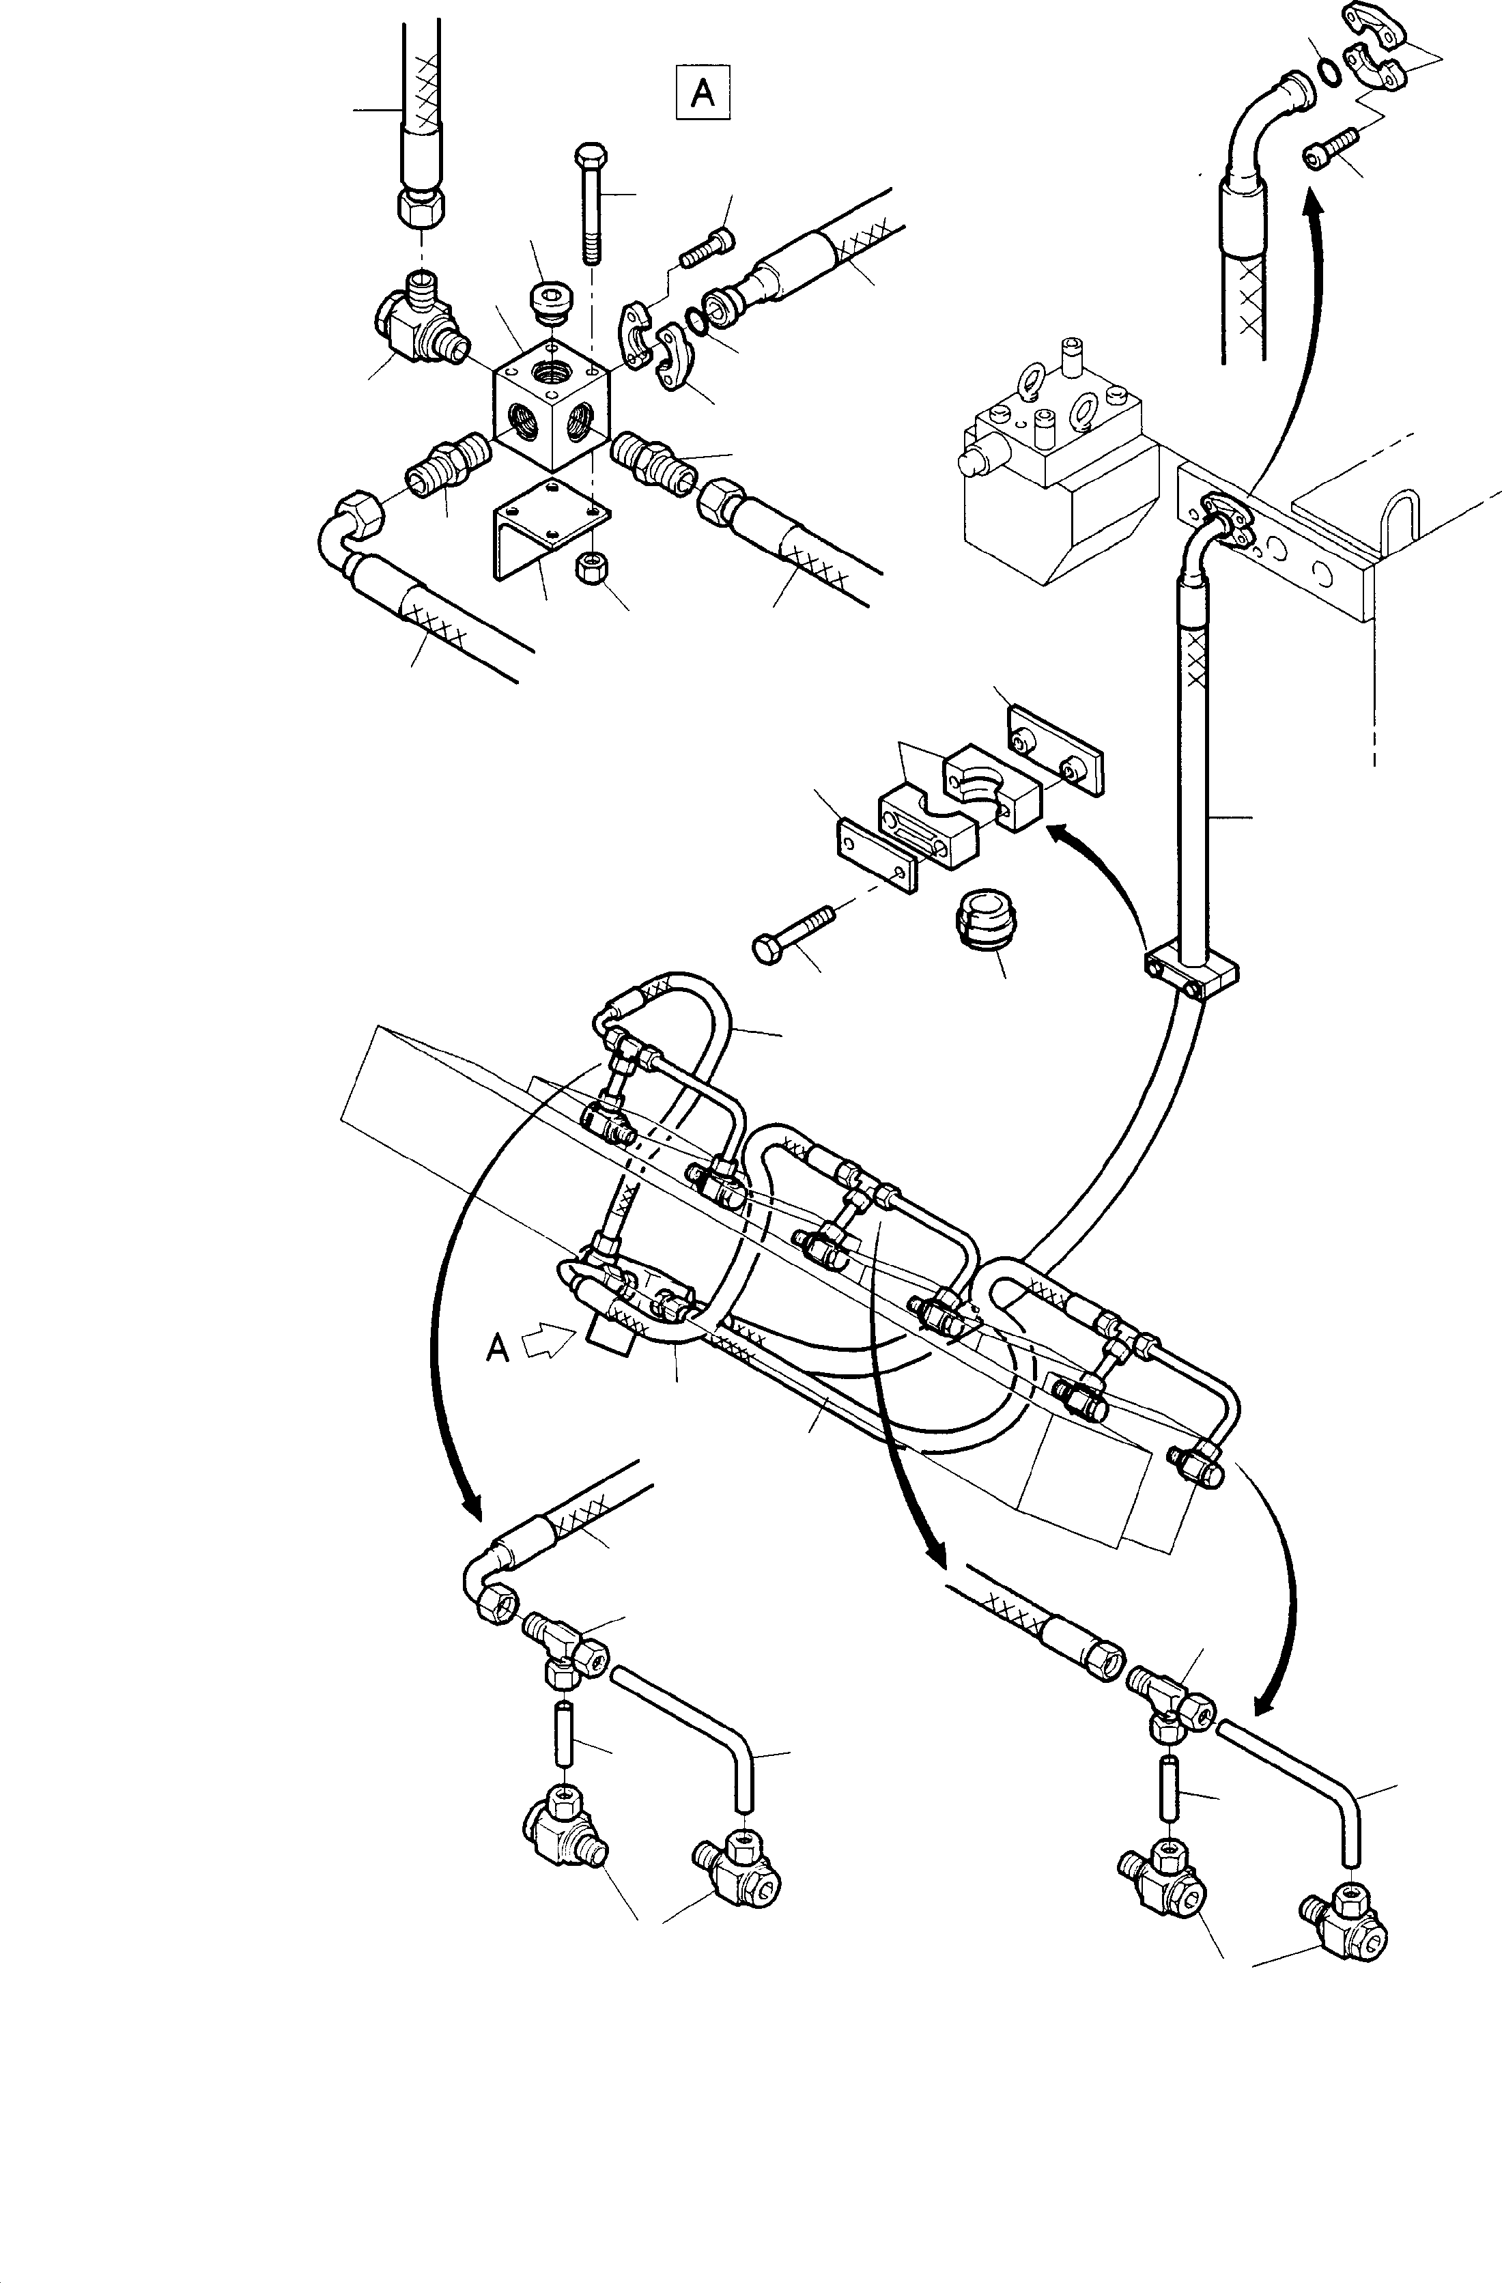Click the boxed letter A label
tap(703, 92)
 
